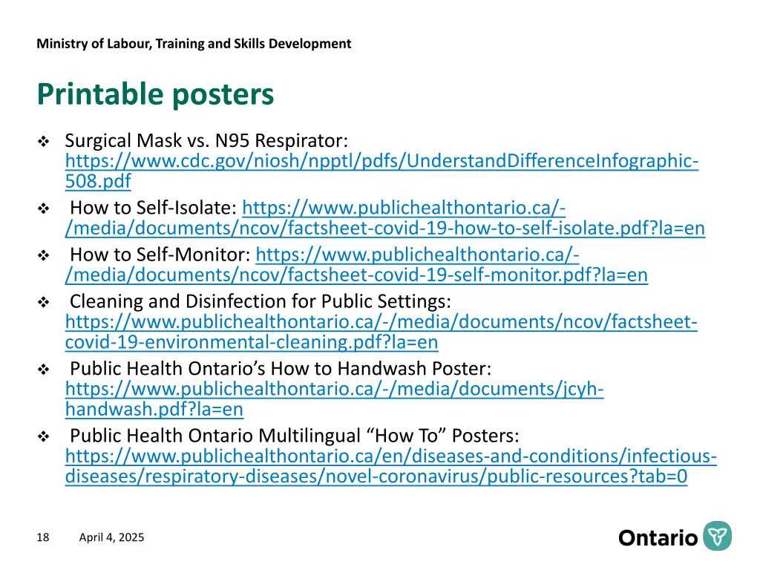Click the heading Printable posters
(x=155, y=94)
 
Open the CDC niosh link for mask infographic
(x=381, y=161)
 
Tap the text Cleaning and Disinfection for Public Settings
(x=260, y=301)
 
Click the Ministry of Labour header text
(x=194, y=43)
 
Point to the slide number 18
(x=42, y=537)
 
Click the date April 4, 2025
(x=112, y=537)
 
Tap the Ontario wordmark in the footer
(x=658, y=537)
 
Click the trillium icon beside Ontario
(x=718, y=536)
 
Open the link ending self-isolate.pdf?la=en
(x=385, y=229)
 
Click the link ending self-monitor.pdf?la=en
(x=356, y=275)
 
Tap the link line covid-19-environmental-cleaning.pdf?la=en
(x=252, y=342)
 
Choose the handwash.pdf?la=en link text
(x=154, y=409)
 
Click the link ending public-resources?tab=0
(x=376, y=476)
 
